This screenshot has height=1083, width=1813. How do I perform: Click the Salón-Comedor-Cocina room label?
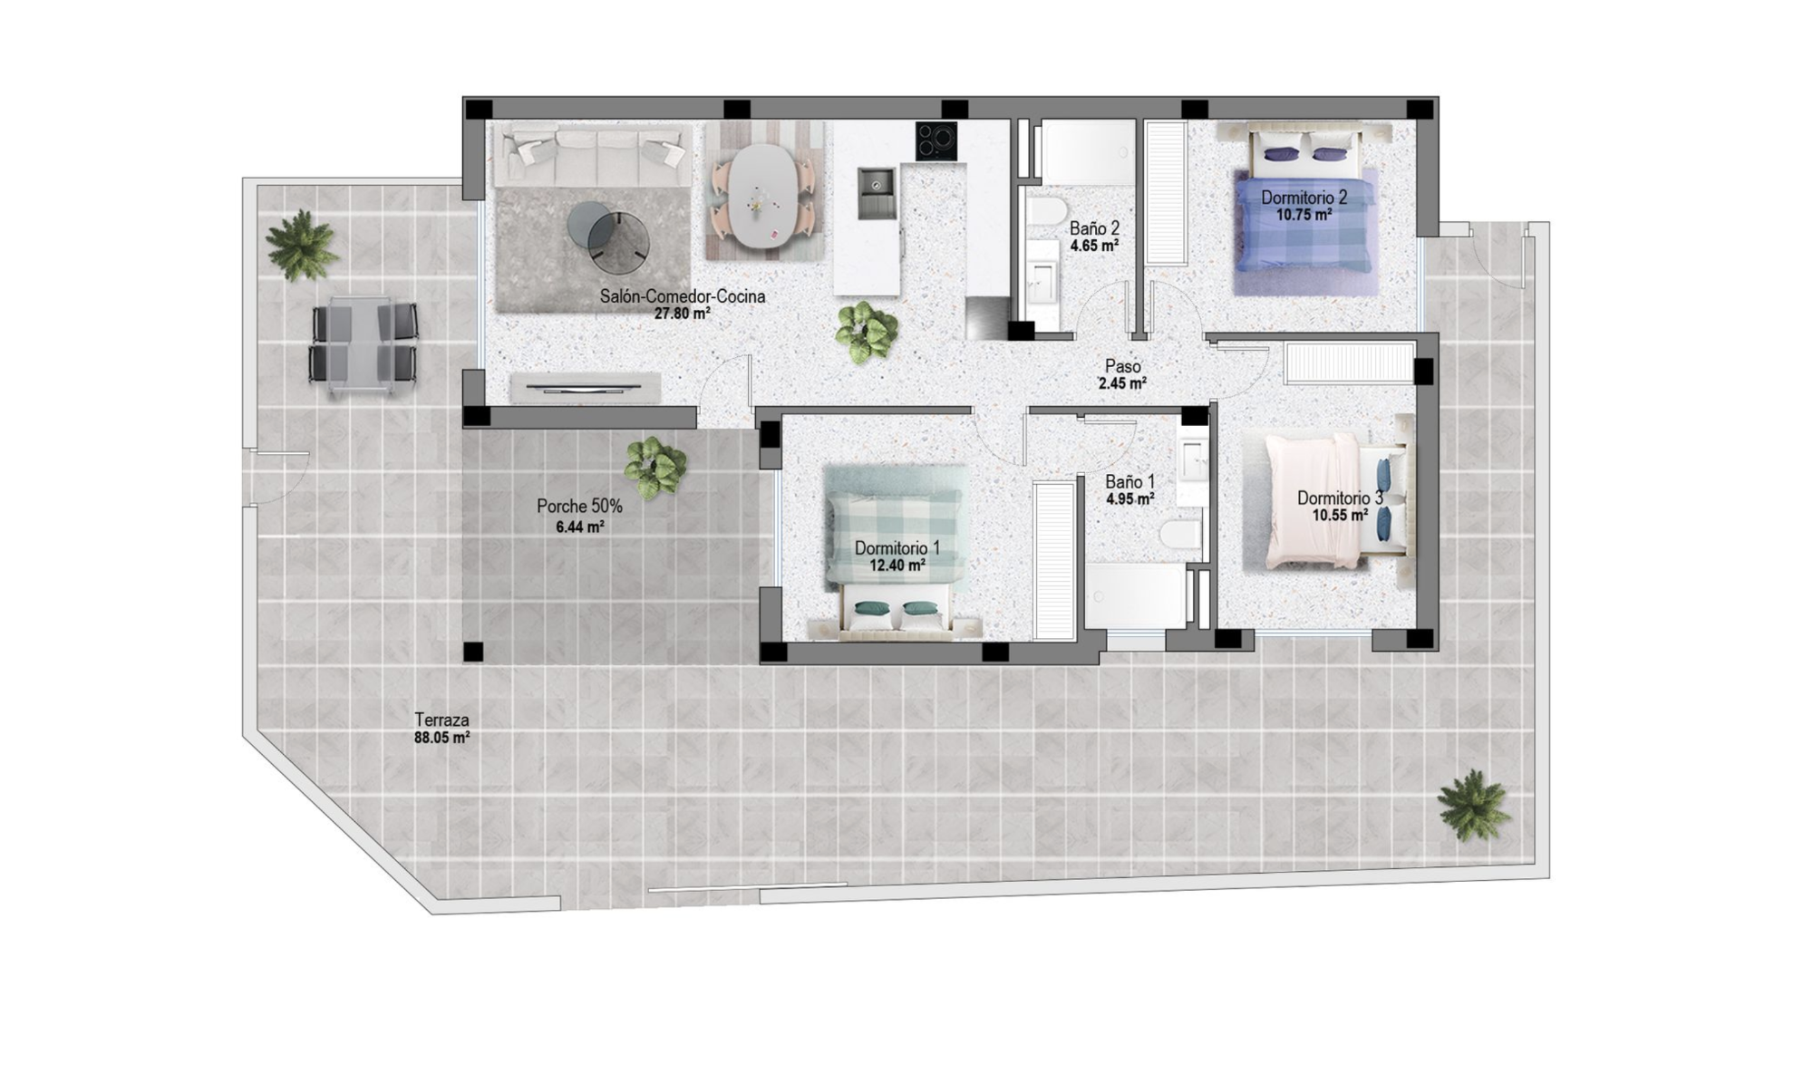pos(683,296)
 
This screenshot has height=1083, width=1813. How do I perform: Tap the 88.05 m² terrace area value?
pos(441,738)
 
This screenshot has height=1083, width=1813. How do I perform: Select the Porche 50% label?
pos(579,507)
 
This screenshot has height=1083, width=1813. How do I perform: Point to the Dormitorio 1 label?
pos(897,548)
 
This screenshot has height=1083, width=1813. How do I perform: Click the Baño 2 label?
pos(1094,228)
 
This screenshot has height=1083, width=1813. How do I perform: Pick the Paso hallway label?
pos(1122,366)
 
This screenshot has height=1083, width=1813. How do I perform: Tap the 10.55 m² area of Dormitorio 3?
pos(1340,516)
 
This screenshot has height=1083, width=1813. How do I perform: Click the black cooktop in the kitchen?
pos(936,140)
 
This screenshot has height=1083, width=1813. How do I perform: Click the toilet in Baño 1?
pos(1181,535)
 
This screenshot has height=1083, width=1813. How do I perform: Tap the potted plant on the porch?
pos(654,467)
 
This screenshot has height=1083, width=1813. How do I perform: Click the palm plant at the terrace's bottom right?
pos(1473,805)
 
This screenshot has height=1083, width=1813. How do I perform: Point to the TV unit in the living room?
pos(585,388)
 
